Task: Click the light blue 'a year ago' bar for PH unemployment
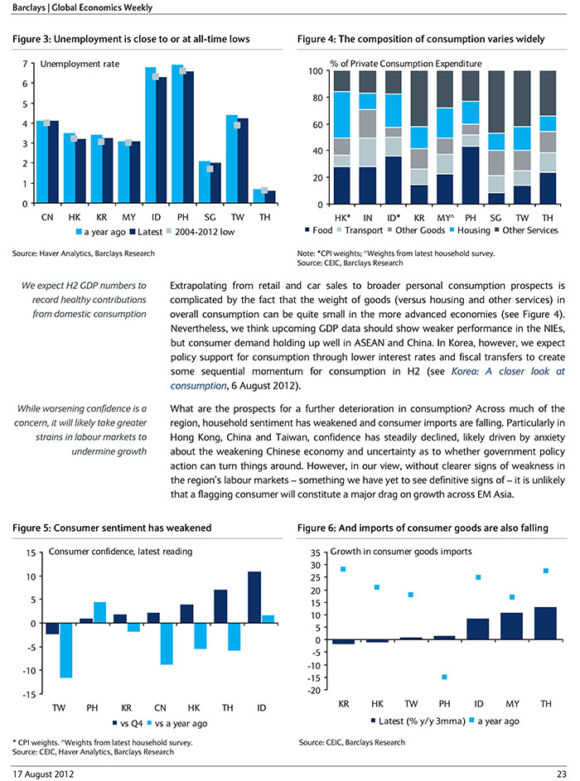176,134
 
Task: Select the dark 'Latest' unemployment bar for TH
271,197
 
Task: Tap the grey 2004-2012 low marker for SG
210,169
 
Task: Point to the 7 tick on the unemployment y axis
25,65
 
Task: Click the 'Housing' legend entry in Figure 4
470,230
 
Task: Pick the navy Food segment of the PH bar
471,176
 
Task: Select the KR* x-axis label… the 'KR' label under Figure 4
419,218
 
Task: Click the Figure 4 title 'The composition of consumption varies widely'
442,39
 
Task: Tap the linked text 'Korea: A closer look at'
508,371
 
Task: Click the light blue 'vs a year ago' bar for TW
65,650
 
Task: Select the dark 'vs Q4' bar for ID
254,597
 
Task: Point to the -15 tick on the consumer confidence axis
29,694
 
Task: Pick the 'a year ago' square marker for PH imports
444,677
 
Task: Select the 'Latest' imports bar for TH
546,624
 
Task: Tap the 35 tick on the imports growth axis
315,553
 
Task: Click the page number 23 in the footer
562,774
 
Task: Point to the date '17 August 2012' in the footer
43,774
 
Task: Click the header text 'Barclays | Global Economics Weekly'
83,7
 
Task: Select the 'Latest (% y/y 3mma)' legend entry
418,721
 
